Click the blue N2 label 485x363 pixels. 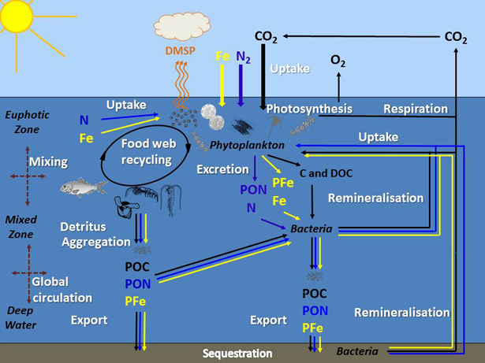(x=244, y=57)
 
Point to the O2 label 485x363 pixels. (x=338, y=61)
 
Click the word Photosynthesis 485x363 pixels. (x=309, y=109)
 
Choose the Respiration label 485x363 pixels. (x=415, y=109)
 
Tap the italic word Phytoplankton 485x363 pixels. (x=246, y=146)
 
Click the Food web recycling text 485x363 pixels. (x=146, y=152)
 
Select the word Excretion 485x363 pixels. (x=223, y=169)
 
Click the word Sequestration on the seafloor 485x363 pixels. (x=237, y=354)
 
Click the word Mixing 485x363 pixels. (x=47, y=161)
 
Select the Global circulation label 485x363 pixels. (x=62, y=290)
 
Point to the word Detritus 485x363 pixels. (x=83, y=227)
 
